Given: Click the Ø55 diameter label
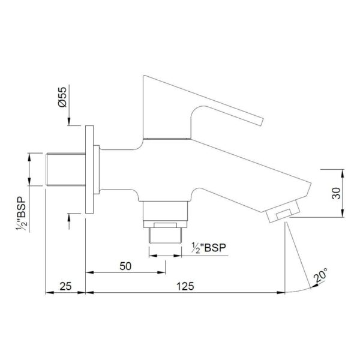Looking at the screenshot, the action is [x=62, y=97].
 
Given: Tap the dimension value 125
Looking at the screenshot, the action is [x=185, y=286].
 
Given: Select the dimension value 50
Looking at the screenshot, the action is [x=125, y=266].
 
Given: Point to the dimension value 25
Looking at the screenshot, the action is [x=65, y=286].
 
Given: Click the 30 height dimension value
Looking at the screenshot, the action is [x=337, y=193].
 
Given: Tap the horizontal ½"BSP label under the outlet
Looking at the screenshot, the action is [x=209, y=248].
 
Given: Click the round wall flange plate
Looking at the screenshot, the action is [x=89, y=169].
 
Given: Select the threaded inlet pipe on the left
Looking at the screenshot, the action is [x=65, y=169].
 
